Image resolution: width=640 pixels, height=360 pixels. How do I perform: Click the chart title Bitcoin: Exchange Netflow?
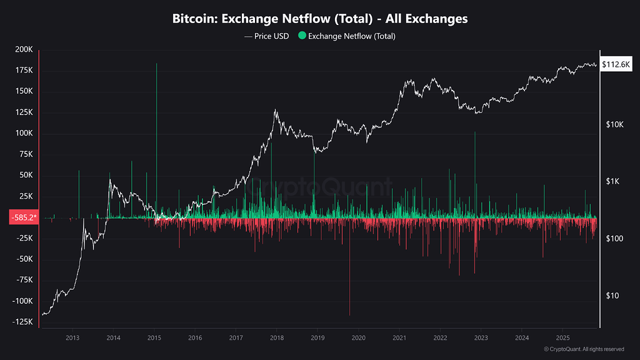[x=320, y=19]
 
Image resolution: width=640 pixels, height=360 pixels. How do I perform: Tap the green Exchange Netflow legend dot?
[x=303, y=36]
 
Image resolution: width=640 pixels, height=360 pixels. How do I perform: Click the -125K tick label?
[x=22, y=322]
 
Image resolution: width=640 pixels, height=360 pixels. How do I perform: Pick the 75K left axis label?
[x=25, y=154]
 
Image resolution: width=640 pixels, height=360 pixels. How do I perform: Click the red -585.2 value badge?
[x=24, y=217]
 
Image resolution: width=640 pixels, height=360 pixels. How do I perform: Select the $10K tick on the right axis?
[x=615, y=124]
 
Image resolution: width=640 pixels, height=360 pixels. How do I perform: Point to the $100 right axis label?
[x=615, y=239]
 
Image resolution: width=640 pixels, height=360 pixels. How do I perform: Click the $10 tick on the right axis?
[x=613, y=296]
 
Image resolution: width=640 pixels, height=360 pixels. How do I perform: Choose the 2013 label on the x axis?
[x=72, y=338]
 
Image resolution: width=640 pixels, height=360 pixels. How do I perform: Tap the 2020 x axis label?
[x=358, y=338]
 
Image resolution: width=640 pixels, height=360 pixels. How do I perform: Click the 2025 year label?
[x=562, y=338]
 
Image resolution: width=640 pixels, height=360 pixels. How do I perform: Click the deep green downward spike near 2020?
[x=349, y=312]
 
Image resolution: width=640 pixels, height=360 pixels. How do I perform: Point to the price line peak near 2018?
[x=275, y=111]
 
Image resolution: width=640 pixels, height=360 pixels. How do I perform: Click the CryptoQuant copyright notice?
[x=584, y=349]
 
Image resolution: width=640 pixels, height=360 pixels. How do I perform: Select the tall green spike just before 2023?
[x=475, y=134]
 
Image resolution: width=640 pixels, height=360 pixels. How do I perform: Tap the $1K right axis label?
[x=614, y=181]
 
